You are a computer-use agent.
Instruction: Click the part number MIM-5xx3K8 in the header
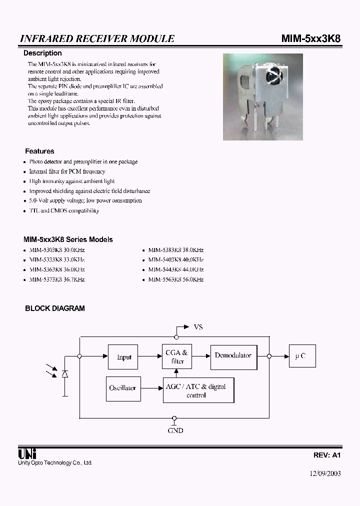pos(311,38)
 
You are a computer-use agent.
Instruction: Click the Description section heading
pos(43,53)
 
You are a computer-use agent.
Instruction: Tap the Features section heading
pos(39,151)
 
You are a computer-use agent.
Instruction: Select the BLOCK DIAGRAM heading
pos(55,308)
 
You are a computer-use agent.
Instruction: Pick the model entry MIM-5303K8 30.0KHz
pos(57,249)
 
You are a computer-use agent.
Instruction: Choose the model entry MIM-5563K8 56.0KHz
pos(176,279)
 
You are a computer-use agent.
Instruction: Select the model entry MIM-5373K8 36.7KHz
pos(57,279)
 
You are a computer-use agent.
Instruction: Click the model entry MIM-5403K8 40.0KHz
pos(176,259)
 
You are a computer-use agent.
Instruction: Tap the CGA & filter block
pos(177,357)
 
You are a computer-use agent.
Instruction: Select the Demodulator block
pos(233,355)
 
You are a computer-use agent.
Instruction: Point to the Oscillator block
pos(122,388)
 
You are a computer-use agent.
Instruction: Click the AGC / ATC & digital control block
pos(198,390)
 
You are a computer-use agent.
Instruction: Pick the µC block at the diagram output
pos(300,356)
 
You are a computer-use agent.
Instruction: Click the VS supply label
pos(198,327)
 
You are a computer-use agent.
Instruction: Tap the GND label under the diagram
pos(175,430)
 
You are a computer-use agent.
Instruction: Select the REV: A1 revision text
pos(327,455)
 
